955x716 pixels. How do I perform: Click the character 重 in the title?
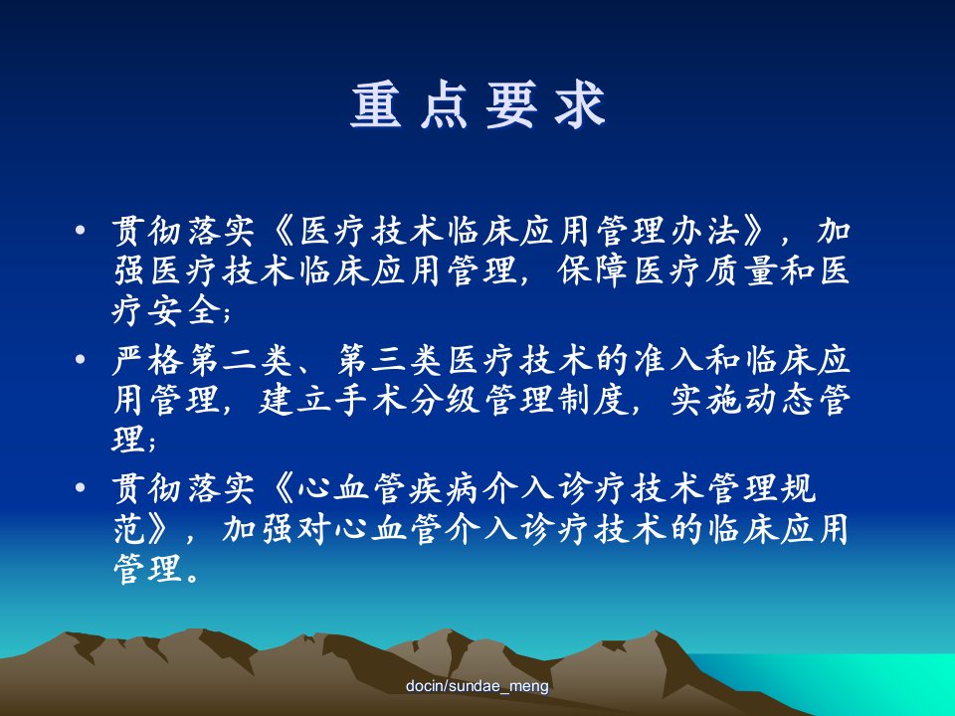coord(376,104)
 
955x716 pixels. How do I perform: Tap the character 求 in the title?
coord(579,104)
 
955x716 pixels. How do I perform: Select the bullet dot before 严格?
coord(81,359)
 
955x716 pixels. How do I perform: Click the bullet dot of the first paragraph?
coord(81,231)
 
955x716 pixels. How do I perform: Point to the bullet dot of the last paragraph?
coord(81,487)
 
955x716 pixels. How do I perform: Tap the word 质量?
coord(742,270)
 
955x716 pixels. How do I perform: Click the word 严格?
coord(148,359)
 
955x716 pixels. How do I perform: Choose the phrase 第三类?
coord(390,359)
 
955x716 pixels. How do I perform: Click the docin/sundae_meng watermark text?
coord(477,686)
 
